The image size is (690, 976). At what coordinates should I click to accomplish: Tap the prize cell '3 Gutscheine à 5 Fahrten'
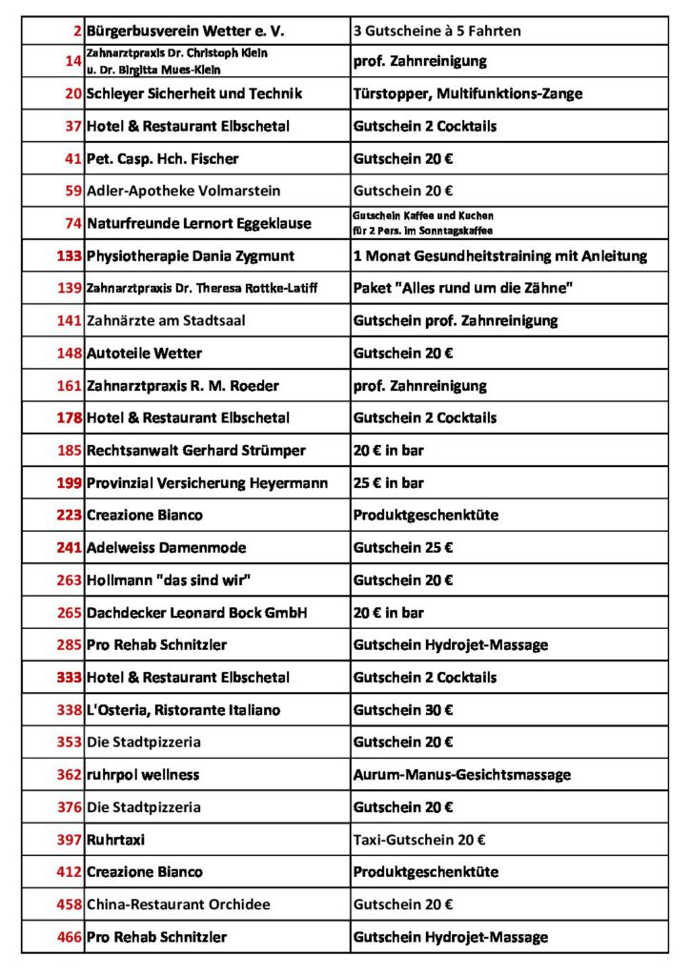click(436, 31)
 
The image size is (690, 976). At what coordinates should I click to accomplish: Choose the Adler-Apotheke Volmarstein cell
click(183, 191)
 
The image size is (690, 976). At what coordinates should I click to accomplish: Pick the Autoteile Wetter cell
click(144, 353)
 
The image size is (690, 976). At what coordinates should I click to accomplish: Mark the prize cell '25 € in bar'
click(389, 482)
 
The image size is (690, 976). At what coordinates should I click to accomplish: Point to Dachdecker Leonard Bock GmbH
click(196, 612)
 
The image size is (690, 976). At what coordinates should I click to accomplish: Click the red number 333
click(69, 677)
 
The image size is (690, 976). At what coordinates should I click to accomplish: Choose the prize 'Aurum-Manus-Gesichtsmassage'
click(461, 774)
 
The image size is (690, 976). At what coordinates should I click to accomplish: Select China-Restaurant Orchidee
click(178, 904)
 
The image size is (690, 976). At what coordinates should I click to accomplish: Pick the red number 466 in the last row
click(69, 936)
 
